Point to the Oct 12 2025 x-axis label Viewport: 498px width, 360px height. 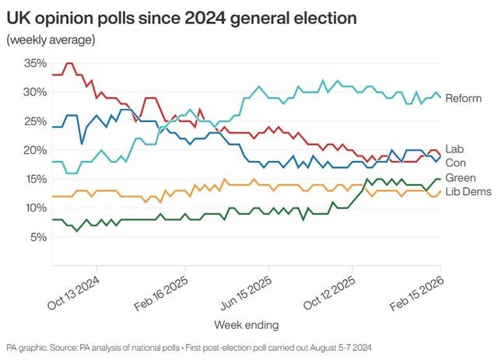pos(334,290)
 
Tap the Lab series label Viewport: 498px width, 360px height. pos(454,149)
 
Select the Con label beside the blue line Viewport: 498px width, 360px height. pos(455,163)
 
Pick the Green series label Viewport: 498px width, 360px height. pos(460,178)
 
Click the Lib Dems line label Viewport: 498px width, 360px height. pos(467,192)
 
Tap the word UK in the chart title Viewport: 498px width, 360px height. pos(18,16)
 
